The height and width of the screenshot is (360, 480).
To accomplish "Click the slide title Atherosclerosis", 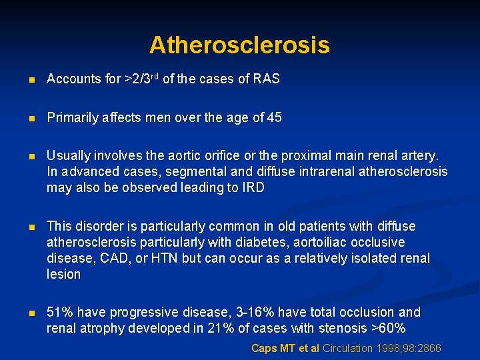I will click(239, 45).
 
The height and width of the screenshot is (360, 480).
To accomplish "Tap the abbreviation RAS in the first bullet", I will click(266, 79).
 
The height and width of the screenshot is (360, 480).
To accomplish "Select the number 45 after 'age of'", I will click(274, 118).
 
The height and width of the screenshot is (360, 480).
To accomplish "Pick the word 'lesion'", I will click(63, 274).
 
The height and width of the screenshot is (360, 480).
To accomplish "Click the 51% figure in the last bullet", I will click(60, 312).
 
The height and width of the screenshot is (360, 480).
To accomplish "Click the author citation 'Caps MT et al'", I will click(285, 348).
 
